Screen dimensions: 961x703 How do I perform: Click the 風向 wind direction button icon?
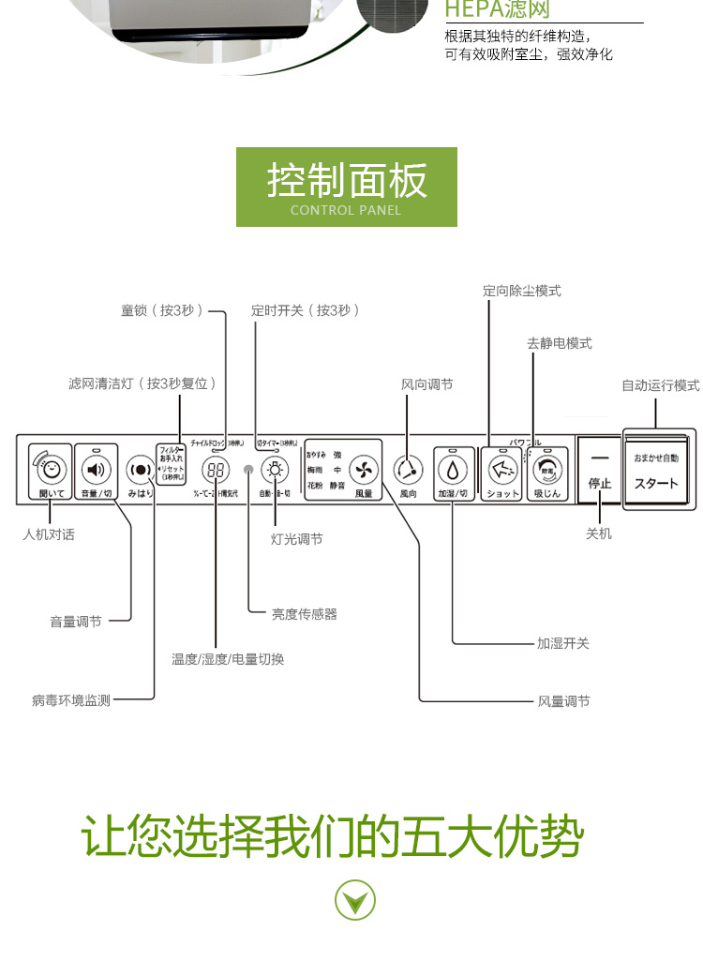tap(408, 468)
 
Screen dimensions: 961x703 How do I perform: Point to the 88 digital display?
tap(217, 471)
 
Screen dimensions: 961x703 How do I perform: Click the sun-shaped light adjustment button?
tap(275, 470)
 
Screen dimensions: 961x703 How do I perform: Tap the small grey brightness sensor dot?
tap(248, 470)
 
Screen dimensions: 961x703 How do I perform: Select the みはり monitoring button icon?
tap(139, 470)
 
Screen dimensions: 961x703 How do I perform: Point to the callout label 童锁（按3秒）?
tap(162, 310)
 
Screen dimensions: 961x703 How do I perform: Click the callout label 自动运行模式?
tap(661, 385)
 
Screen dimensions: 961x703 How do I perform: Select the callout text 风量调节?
tap(563, 701)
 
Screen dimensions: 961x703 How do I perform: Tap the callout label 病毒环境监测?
tap(70, 700)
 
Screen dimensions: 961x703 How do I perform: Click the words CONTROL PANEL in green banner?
tap(346, 210)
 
